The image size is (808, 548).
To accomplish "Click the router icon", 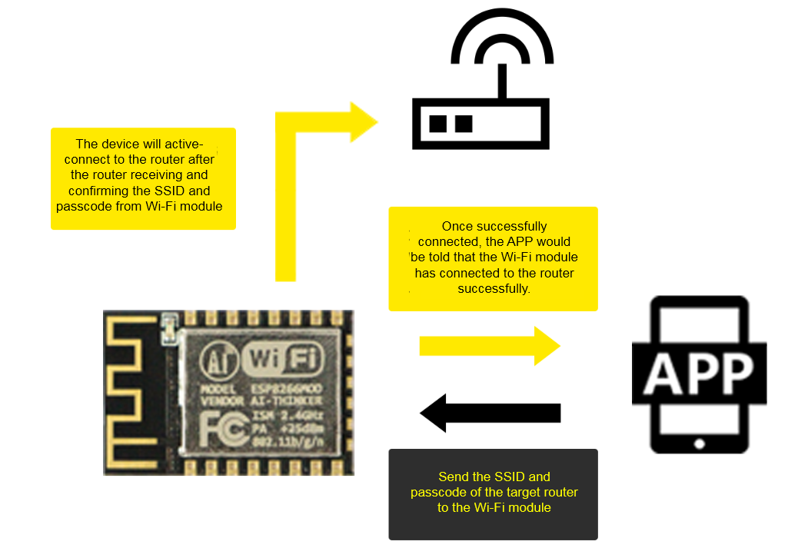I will (x=481, y=108).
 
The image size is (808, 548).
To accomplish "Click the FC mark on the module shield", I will (x=223, y=430).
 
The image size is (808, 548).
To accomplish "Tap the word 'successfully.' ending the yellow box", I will (x=493, y=288).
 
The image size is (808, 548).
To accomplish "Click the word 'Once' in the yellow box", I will (x=458, y=227).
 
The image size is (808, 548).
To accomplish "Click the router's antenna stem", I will (x=501, y=81).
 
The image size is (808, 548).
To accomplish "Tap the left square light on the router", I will (x=438, y=123).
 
